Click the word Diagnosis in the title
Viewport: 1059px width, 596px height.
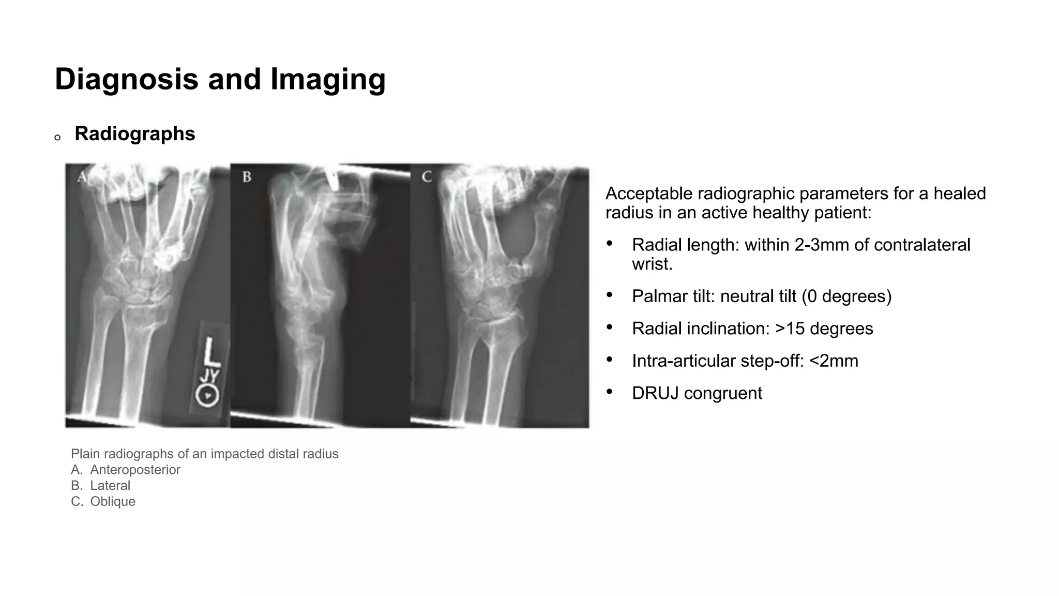[126, 80]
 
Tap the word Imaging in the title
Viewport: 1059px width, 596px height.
[328, 80]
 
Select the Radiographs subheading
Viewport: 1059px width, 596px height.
[135, 133]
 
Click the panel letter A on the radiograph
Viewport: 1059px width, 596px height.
[82, 177]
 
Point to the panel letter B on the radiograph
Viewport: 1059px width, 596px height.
[247, 177]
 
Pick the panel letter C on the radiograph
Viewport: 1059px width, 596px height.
[427, 177]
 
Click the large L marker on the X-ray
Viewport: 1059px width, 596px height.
[211, 352]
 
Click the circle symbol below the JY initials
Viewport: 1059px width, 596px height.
[207, 396]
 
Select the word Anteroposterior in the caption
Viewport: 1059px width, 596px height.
[135, 470]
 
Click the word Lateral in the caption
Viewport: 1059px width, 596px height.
[110, 486]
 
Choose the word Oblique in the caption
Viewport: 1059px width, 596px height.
[113, 502]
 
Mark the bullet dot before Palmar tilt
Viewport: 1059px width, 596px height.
[610, 295]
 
